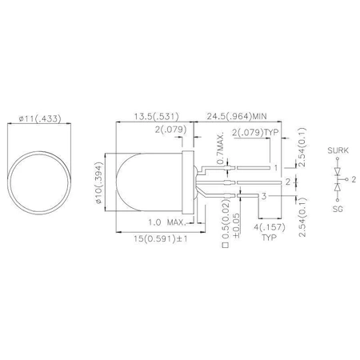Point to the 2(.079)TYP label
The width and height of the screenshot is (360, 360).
click(x=258, y=131)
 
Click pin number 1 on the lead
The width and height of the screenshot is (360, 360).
click(x=276, y=169)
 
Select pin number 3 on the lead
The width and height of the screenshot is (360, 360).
click(x=265, y=196)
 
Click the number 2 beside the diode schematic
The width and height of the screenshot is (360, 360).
click(x=352, y=180)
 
